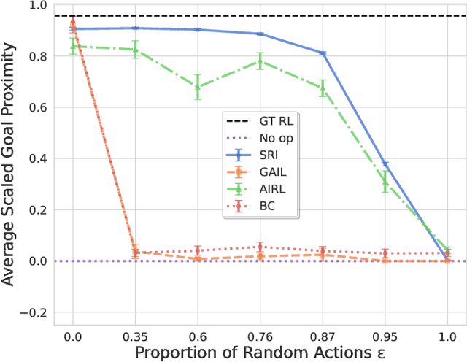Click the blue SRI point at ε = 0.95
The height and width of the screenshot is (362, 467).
point(385,164)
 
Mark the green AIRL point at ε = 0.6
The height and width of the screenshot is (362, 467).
point(198,87)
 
